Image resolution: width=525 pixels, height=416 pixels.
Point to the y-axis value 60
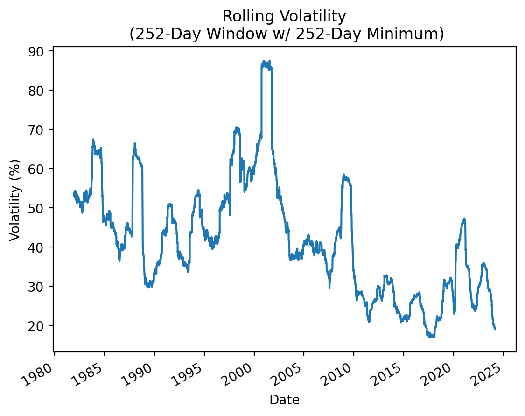tap(42, 169)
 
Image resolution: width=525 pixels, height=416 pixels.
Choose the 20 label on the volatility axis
tap(42, 325)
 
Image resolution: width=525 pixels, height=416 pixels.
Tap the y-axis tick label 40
tap(42, 247)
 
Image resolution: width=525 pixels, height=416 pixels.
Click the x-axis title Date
tap(284, 400)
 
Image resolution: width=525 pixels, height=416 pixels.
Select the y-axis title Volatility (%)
tap(15, 200)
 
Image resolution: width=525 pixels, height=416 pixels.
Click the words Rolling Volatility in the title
tap(284, 16)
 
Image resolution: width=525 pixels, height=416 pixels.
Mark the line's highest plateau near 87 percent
tap(266, 64)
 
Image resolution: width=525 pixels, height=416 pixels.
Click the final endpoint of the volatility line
tap(495, 329)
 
